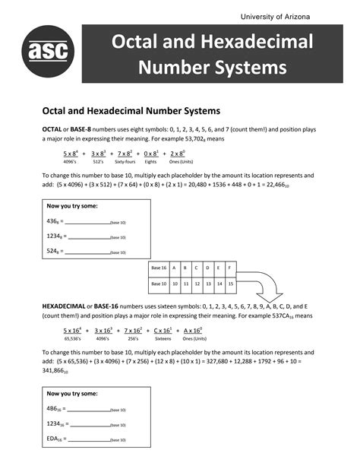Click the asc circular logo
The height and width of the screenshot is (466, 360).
point(48,51)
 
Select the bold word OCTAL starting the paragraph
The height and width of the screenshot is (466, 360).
point(52,130)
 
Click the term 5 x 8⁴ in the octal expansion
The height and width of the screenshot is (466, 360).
point(72,154)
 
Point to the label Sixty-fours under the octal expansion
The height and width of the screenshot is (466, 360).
point(125,162)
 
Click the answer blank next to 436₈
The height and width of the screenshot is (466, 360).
point(87,222)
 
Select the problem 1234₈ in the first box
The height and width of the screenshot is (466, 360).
point(54,236)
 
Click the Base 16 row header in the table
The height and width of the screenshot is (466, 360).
point(159,268)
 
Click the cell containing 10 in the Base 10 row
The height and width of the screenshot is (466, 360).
point(175,284)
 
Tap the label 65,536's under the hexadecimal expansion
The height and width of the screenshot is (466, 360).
point(73,339)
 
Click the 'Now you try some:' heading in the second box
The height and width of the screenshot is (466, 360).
point(72,394)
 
